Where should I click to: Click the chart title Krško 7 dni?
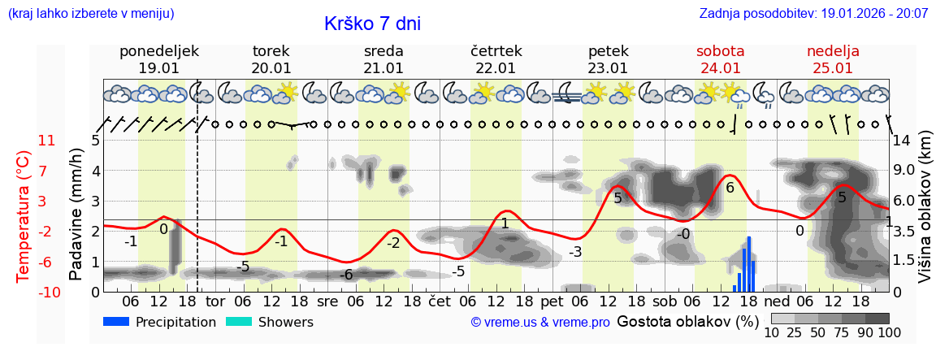tap(372, 24)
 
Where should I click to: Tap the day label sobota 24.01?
tap(721, 59)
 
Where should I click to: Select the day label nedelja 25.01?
tap(833, 59)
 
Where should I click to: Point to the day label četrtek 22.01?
tap(496, 59)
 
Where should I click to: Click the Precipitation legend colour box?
tap(117, 322)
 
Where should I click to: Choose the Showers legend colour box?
tap(239, 322)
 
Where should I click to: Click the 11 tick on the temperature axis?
tap(46, 140)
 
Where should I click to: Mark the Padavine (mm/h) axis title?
tap(77, 215)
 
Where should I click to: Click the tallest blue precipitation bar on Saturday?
tap(748, 263)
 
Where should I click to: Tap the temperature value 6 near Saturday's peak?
tap(730, 188)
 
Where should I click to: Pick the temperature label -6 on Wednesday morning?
tap(346, 275)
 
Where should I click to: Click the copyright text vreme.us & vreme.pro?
tap(539, 323)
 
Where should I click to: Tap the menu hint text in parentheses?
tap(91, 14)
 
